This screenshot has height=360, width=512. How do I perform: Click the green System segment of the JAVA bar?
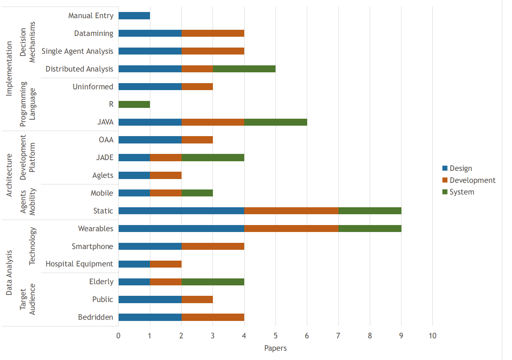[x=276, y=122]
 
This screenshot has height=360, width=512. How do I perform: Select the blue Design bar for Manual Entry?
[x=134, y=16]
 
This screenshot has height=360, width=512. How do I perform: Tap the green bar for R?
[x=134, y=104]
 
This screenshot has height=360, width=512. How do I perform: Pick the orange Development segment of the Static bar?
[x=291, y=211]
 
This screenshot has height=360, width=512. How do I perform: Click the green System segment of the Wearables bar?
[x=370, y=229]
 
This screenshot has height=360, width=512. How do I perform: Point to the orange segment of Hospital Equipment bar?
[x=166, y=264]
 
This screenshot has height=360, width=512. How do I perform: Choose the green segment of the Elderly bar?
[x=213, y=282]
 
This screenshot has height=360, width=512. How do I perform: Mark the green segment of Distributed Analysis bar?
[x=244, y=69]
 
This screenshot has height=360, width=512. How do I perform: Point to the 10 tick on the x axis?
[x=432, y=336]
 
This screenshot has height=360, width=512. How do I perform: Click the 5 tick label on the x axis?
[x=276, y=336]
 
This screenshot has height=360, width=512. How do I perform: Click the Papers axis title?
[x=276, y=348]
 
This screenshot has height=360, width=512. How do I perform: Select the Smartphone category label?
[x=92, y=246]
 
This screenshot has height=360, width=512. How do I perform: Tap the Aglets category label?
[x=103, y=175]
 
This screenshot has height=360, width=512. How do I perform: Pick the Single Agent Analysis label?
[x=77, y=51]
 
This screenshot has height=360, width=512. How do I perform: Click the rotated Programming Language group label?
[x=27, y=104]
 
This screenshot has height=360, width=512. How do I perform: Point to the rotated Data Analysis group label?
[x=9, y=273]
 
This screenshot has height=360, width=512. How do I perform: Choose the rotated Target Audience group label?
[x=27, y=299]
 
